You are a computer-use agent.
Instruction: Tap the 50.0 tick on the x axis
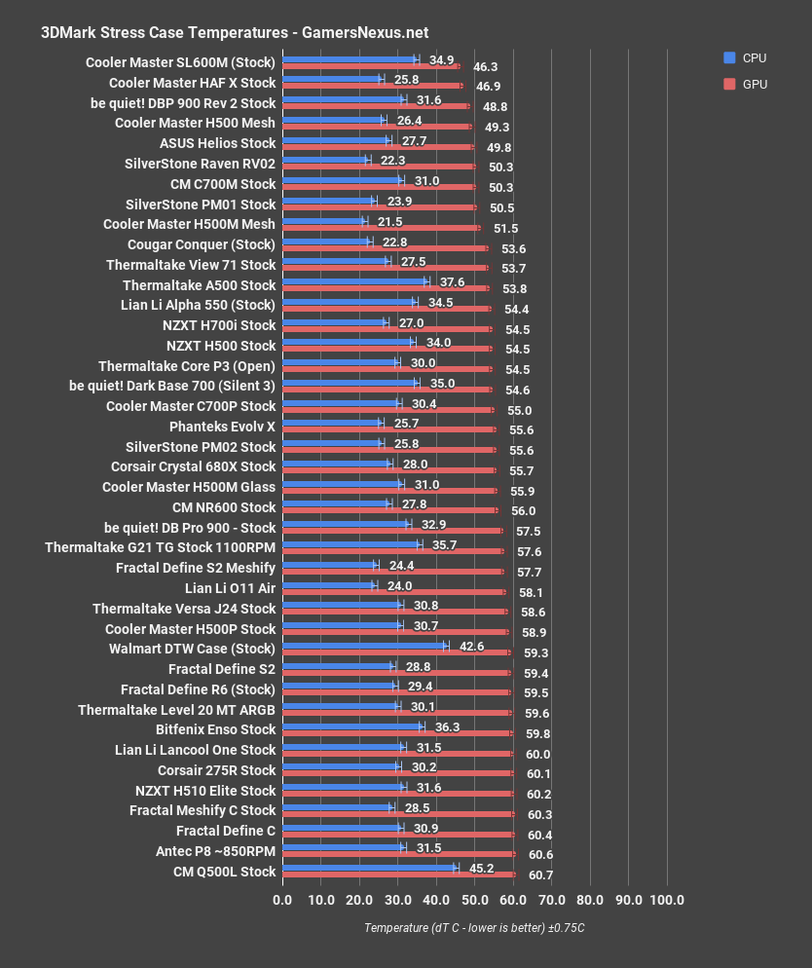pyautogui.click(x=474, y=899)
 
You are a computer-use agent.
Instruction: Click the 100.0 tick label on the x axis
pyautogui.click(x=667, y=899)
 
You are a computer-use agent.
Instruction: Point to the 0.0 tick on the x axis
pyautogui.click(x=282, y=899)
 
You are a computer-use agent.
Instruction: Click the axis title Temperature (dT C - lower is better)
pyautogui.click(x=474, y=927)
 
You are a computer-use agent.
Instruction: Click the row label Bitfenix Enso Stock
pyautogui.click(x=215, y=729)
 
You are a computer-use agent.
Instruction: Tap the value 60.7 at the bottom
pyautogui.click(x=540, y=875)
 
